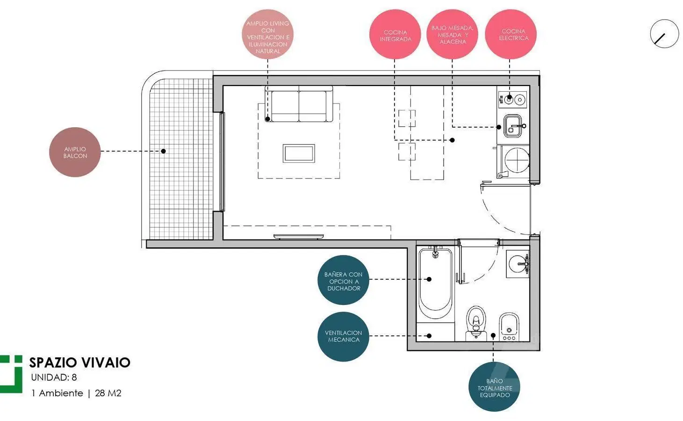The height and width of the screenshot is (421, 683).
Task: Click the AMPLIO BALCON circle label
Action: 75,152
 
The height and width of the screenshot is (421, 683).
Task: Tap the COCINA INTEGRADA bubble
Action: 395,34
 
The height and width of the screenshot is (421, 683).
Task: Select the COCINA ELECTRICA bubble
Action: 510,34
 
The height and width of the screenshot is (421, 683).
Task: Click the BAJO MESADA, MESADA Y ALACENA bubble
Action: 452,34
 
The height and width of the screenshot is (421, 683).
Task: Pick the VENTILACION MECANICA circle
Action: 343,336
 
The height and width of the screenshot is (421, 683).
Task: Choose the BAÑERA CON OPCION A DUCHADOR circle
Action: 343,280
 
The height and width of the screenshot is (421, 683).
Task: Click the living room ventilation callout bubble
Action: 268,34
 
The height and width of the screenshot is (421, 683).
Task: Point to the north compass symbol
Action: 664,34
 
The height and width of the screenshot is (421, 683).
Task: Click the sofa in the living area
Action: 299,104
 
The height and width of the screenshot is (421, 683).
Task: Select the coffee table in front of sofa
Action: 299,153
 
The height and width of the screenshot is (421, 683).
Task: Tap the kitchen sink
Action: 513,126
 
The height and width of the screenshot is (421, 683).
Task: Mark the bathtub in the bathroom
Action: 435,283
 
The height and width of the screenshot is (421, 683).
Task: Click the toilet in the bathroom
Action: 476,322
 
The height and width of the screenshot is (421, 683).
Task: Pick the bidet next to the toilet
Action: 509,327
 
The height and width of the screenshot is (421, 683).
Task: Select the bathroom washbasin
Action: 518,264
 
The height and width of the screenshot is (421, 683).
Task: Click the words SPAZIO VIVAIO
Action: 80,363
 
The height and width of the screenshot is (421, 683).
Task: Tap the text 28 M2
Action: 108,393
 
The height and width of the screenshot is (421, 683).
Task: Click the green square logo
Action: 11,374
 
